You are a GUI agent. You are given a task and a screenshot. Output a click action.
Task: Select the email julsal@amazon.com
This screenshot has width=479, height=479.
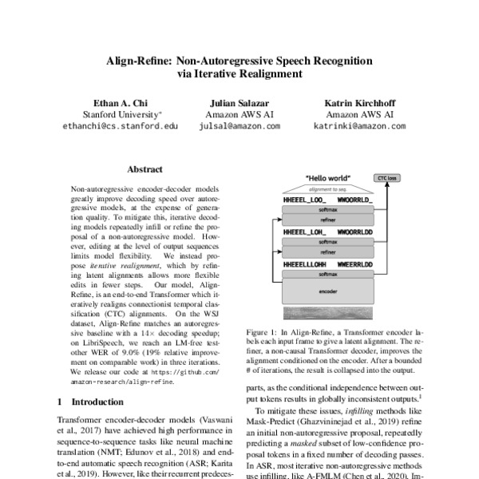(x=239, y=126)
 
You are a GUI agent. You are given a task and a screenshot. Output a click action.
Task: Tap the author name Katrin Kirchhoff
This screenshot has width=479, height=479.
(x=358, y=103)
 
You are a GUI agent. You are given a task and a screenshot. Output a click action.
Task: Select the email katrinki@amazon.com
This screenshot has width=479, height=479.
(x=358, y=126)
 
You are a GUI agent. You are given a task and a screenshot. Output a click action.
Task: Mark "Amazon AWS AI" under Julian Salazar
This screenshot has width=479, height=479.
(x=239, y=114)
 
